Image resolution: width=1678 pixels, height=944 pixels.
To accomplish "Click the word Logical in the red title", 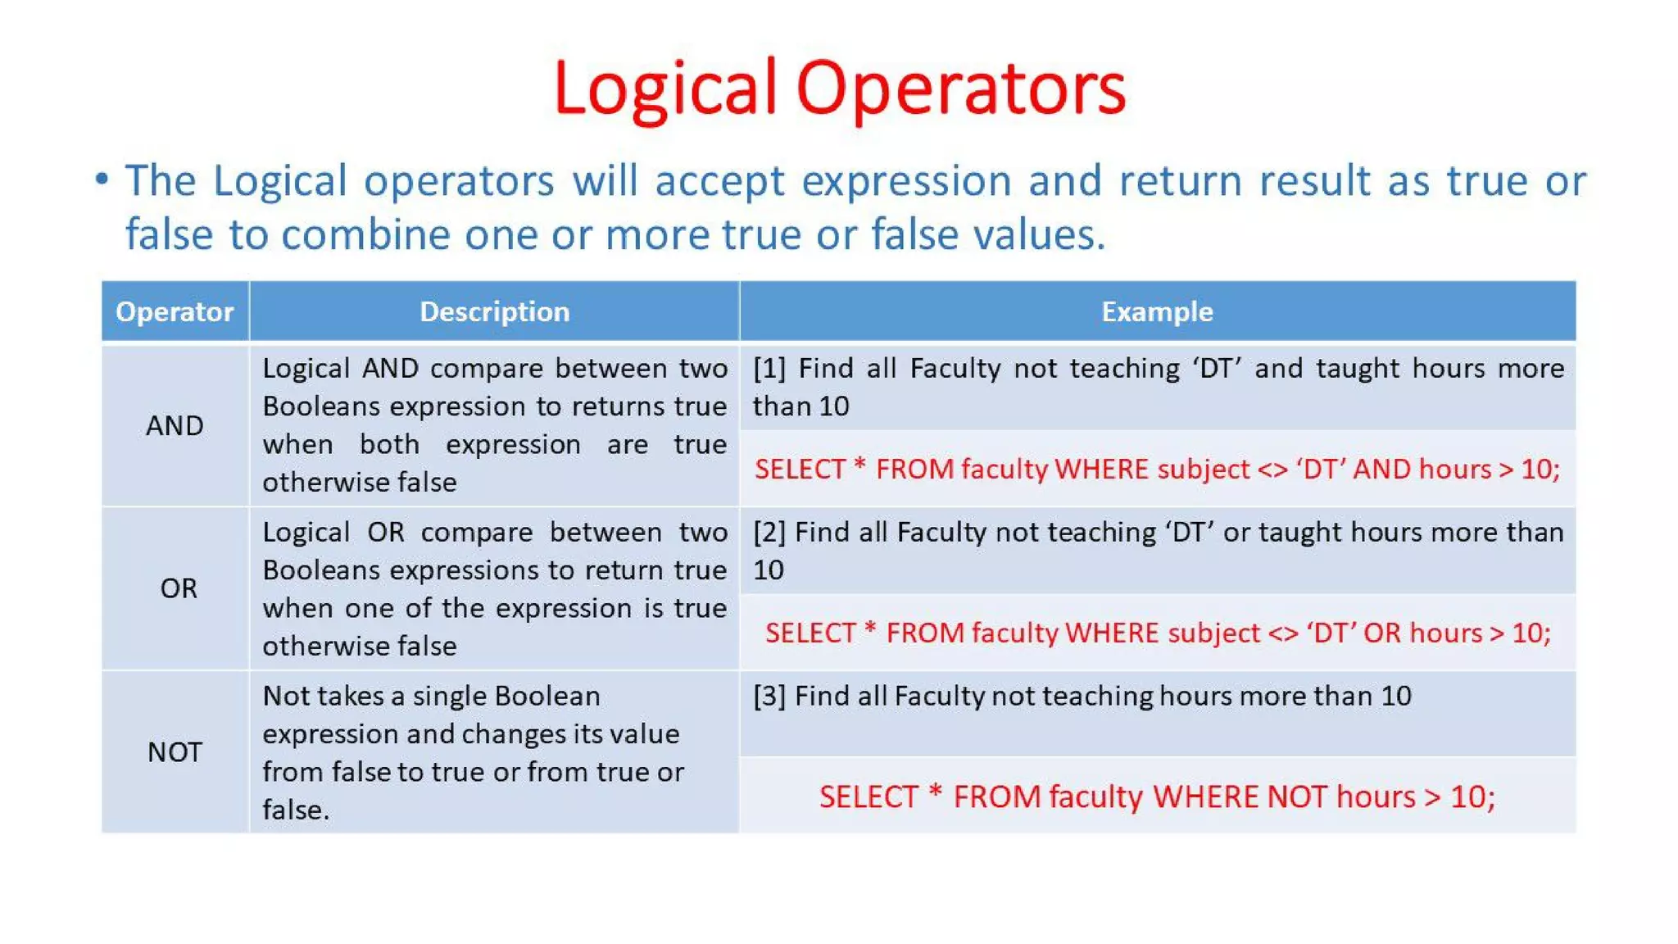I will [x=664, y=88].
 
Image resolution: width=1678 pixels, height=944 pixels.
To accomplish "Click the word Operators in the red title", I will [x=960, y=88].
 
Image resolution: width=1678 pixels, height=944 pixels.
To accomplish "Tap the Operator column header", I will [x=175, y=311].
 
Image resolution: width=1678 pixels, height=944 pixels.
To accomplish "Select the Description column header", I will [x=494, y=311].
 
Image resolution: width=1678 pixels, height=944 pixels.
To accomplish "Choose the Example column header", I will [x=1157, y=311].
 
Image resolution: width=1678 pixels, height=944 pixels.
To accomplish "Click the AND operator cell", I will [x=175, y=425].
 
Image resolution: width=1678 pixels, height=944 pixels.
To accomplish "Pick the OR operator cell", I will [x=179, y=588].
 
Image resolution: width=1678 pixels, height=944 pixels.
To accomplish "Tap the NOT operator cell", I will [x=175, y=751].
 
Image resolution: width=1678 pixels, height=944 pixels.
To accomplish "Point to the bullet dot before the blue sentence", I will [x=102, y=179].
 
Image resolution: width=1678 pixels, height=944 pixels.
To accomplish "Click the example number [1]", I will [x=769, y=369].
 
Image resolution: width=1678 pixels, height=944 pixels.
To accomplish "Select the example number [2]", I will [x=769, y=533].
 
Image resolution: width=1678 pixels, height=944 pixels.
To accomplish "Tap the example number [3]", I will [x=769, y=697].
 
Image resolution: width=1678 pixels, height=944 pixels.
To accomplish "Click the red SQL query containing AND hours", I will [x=1157, y=469].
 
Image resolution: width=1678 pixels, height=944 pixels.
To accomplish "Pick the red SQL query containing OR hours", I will [x=1157, y=633].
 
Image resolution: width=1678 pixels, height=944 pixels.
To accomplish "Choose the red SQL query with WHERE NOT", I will [x=1157, y=796].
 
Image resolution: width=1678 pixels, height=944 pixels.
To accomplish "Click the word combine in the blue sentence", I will [x=365, y=235].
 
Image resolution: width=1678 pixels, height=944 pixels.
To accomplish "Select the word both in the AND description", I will [x=389, y=444].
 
